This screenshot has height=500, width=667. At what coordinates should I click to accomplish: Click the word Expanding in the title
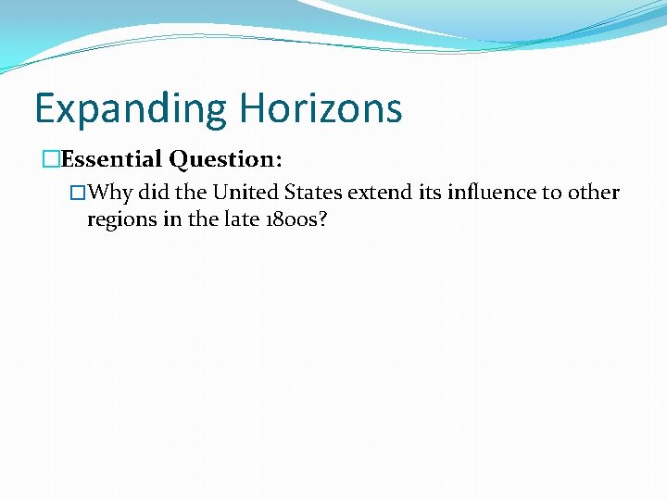click(x=131, y=109)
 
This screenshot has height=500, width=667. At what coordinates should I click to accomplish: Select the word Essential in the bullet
click(x=111, y=159)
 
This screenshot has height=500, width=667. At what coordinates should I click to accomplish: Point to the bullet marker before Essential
click(x=52, y=160)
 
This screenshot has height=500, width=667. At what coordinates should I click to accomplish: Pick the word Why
click(x=113, y=193)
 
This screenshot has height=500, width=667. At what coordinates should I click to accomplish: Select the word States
click(x=315, y=193)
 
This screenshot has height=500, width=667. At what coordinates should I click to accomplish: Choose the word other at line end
click(x=593, y=193)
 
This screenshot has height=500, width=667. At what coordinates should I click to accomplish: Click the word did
click(x=155, y=193)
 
